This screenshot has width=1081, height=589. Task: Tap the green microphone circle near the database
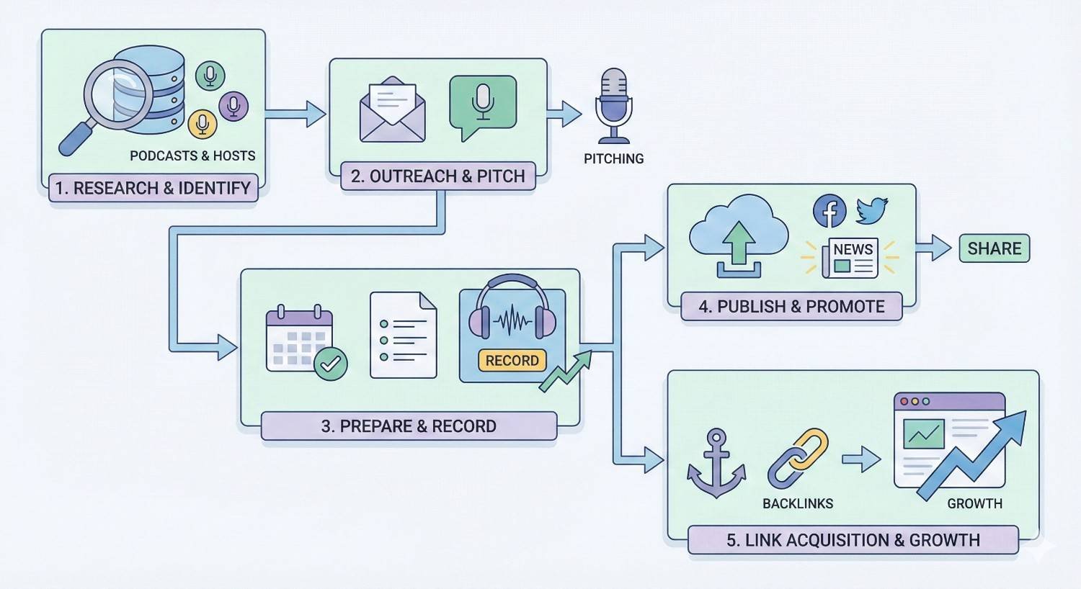point(210,75)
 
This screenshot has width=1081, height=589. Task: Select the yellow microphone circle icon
point(203,124)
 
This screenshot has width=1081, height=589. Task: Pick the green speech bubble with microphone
point(482,106)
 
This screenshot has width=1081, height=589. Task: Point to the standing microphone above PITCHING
point(613,106)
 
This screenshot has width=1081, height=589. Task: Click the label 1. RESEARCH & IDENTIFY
point(153,188)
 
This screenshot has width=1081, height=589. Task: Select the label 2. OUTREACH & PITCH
point(437,176)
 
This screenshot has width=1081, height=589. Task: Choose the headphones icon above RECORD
point(512,310)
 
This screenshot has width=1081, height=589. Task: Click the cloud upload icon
point(738,236)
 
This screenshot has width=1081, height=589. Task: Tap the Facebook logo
point(829,211)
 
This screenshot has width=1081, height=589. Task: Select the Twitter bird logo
point(872,211)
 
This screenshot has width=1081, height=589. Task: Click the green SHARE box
point(994,248)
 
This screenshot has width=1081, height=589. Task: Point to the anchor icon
point(716,464)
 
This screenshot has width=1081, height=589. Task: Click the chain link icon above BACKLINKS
point(798,459)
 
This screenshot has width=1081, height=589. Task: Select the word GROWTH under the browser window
point(974,503)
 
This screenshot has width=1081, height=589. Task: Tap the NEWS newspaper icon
point(851,258)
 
